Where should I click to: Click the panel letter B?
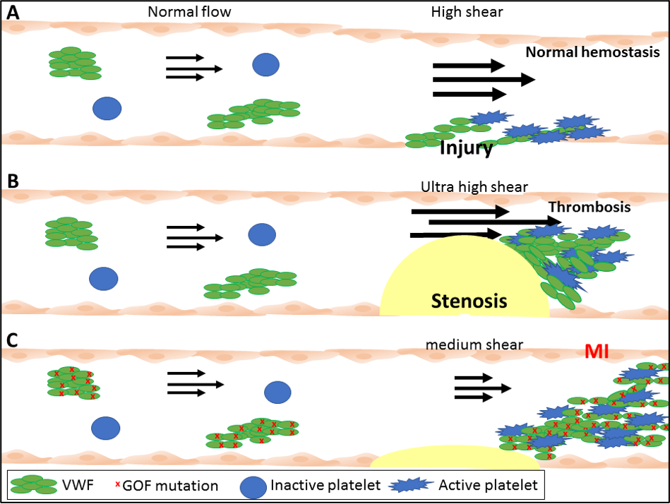(x=11, y=180)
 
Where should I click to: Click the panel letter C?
(x=12, y=340)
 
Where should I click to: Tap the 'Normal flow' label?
(x=189, y=12)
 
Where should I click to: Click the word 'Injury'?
(x=466, y=148)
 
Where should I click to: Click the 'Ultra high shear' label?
(x=474, y=187)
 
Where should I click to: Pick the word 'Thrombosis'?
(x=589, y=208)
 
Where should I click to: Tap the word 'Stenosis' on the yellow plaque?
(x=469, y=301)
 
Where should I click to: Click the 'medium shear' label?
(x=474, y=344)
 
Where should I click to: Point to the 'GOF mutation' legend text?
(x=169, y=486)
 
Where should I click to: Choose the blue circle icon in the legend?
(x=253, y=486)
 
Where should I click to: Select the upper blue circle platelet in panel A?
(x=265, y=64)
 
